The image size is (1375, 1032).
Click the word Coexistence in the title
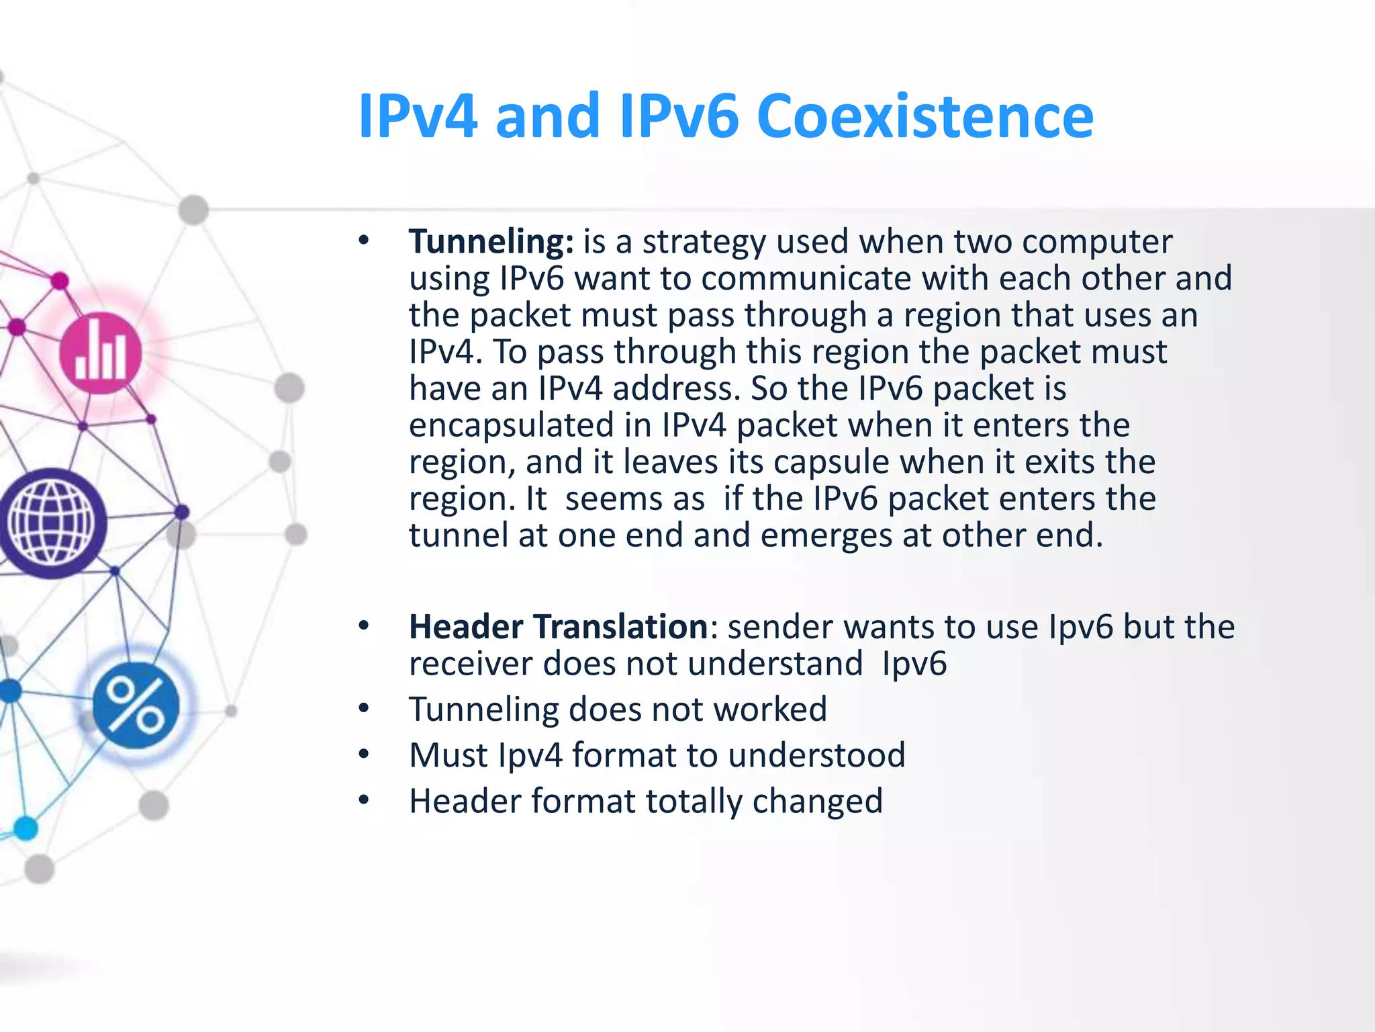pos(924,117)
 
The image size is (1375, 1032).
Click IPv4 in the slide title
pos(418,117)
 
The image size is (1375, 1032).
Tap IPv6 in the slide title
pos(679,117)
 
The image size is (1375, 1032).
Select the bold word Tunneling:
pos(491,242)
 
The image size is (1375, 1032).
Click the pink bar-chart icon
pos(100,353)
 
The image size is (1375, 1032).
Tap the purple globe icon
pos(51,523)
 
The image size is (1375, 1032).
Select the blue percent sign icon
pos(136,705)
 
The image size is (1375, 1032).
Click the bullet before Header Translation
pos(364,626)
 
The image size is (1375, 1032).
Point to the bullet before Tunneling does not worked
pos(364,709)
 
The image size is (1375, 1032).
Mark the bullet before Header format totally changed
pos(364,800)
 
